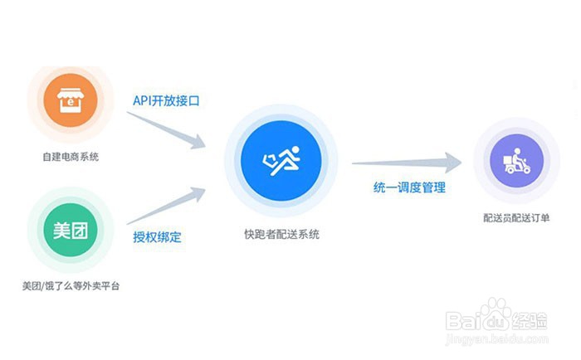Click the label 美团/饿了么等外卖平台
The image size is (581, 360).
[x=70, y=286]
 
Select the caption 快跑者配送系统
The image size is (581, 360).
[x=281, y=234]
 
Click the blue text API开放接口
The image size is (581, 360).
[x=167, y=100]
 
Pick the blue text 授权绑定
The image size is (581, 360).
[x=157, y=236]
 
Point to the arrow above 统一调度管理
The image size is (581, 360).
[x=407, y=163]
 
